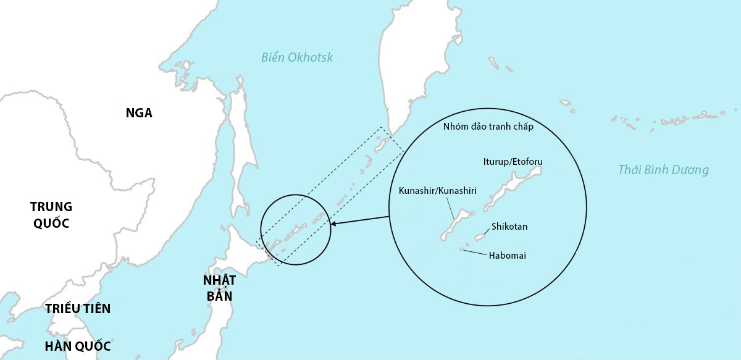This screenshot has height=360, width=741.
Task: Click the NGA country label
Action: click(139, 113)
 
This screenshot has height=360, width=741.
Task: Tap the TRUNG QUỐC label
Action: click(51, 215)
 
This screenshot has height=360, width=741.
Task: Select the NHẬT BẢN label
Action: click(219, 288)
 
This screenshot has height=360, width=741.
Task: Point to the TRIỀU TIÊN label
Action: click(78, 309)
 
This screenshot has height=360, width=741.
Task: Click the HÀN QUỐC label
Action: click(78, 346)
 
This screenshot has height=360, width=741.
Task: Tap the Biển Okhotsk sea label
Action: click(297, 57)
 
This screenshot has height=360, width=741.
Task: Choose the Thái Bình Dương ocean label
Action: click(663, 170)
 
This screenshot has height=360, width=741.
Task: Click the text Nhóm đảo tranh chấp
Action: click(488, 127)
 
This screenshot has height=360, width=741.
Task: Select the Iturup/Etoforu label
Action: click(513, 162)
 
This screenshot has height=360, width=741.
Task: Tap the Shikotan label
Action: click(509, 227)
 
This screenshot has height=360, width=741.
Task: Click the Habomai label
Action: click(507, 255)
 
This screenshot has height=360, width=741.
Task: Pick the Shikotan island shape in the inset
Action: click(480, 235)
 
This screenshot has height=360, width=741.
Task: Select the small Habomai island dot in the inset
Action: click(462, 249)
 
